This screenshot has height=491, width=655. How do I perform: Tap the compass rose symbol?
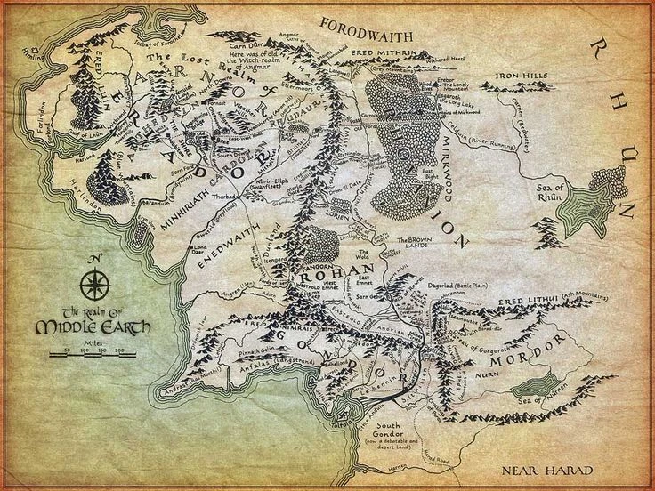92,284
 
